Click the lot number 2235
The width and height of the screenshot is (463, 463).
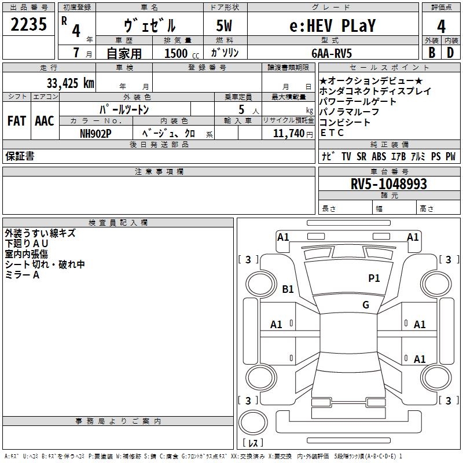point(28,24)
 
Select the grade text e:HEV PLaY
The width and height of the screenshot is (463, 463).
point(332,25)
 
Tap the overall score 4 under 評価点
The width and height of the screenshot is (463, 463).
point(441,27)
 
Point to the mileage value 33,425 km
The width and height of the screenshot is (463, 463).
point(70,83)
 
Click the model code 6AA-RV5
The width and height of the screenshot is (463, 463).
point(332,53)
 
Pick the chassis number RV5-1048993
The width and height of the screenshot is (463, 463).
point(388,184)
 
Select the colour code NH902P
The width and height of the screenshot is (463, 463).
point(95,134)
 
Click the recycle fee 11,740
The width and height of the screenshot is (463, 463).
point(288,134)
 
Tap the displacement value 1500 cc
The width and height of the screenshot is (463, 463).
point(182,53)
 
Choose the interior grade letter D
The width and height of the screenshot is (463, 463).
point(450,53)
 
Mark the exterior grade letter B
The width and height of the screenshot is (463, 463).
point(432,53)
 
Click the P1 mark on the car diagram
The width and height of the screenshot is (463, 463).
point(374,278)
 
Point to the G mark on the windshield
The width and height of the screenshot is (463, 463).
point(366,304)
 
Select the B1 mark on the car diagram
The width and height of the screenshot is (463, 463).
point(288,289)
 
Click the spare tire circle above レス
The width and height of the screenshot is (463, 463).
point(253,422)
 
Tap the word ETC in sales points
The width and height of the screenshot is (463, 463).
point(332,133)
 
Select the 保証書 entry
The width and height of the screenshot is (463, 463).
point(20,156)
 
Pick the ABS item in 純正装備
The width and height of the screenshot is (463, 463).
point(379,156)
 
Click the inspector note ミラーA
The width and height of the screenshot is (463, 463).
point(22,275)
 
